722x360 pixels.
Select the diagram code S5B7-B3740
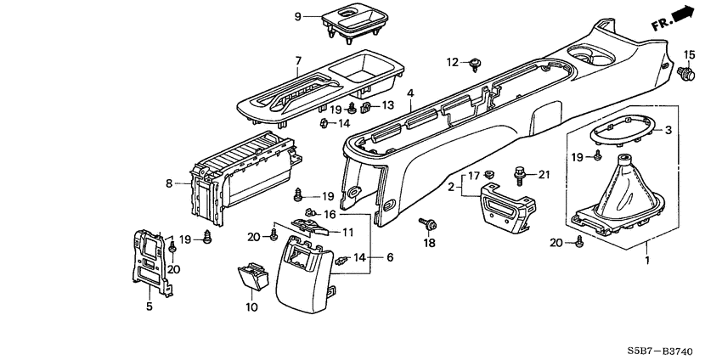click(668, 349)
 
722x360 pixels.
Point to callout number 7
click(297, 61)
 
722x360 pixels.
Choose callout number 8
click(168, 182)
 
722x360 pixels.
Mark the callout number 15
click(689, 55)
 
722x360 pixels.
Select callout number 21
click(544, 174)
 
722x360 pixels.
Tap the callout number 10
click(251, 307)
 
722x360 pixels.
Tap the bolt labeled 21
click(518, 176)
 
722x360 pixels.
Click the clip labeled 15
click(689, 75)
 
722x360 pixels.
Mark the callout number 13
click(387, 105)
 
